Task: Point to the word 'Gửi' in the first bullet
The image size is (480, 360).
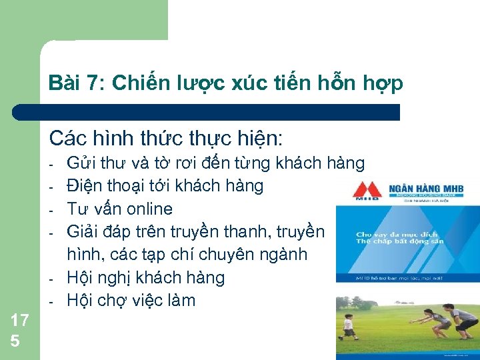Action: (80, 163)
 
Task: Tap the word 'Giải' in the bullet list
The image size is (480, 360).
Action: (81, 231)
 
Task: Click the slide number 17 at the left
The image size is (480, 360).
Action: (20, 320)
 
